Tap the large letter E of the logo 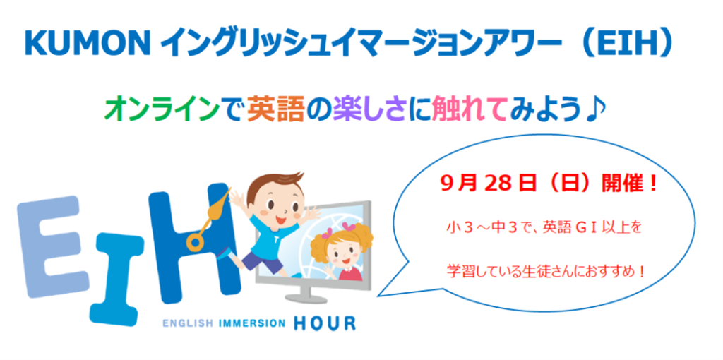coord(52,247)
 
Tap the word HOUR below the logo coord(325,323)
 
